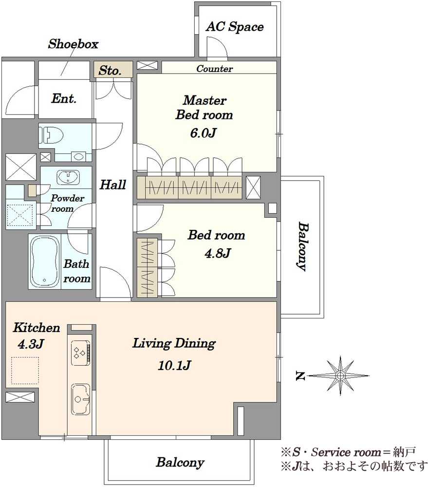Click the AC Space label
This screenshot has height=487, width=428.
click(x=235, y=27)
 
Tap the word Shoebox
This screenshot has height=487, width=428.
click(x=73, y=44)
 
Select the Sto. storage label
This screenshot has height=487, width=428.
click(x=110, y=71)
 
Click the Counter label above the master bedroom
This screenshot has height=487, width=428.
click(x=214, y=69)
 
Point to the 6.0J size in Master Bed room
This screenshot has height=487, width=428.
click(x=203, y=133)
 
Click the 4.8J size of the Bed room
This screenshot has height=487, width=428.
click(x=218, y=253)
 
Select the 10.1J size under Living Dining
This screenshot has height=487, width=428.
click(x=174, y=365)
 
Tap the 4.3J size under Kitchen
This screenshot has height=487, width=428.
click(x=31, y=344)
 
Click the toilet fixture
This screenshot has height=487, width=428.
click(x=51, y=135)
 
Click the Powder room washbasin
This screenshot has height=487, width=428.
click(x=68, y=178)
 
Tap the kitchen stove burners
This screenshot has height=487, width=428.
click(x=81, y=353)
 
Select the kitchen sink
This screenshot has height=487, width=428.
click(x=81, y=399)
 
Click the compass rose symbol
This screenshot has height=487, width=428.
click(x=340, y=375)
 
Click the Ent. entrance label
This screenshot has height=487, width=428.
click(x=64, y=98)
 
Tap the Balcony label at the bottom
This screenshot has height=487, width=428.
click(x=180, y=462)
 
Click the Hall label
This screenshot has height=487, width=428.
click(x=113, y=185)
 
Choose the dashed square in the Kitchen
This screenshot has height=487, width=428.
click(x=25, y=371)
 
